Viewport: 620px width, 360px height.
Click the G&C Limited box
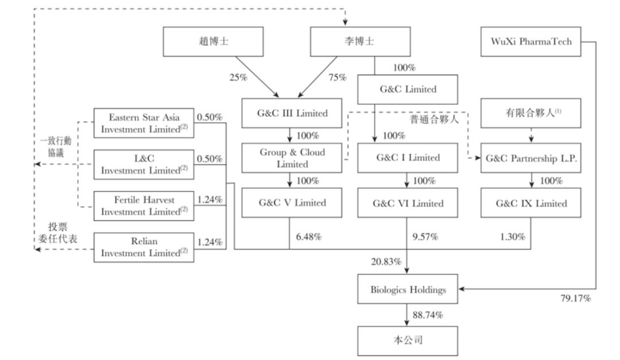407,89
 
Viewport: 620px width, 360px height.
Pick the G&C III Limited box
293,113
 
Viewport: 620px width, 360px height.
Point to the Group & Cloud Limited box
293,158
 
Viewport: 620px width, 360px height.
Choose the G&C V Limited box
293,203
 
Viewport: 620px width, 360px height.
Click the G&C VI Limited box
407,203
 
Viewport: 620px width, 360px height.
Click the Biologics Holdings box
408,290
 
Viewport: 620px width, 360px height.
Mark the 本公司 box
408,340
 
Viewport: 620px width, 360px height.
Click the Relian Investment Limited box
144,248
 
